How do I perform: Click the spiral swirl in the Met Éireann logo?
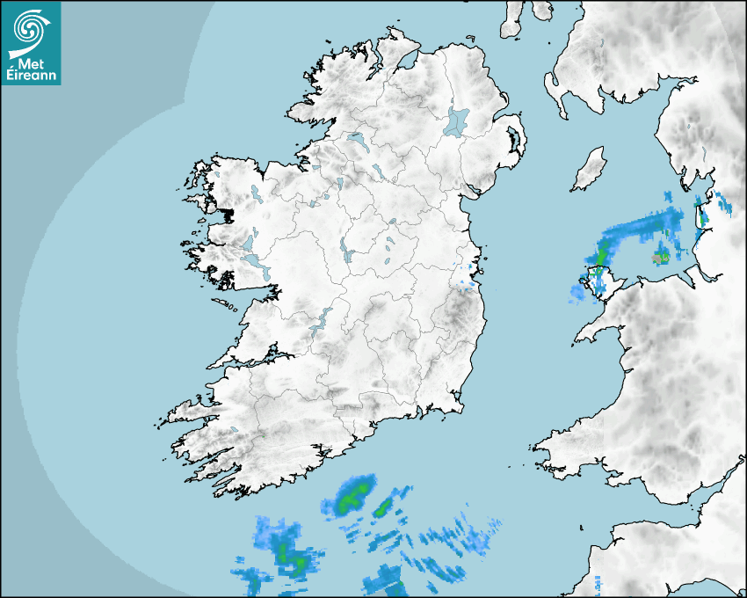pos(29,27)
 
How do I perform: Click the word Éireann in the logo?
pos(31,76)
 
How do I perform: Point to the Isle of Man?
pos(589,170)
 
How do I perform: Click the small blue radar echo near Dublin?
pos(467,283)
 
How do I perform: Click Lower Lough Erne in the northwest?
pos(358,140)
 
